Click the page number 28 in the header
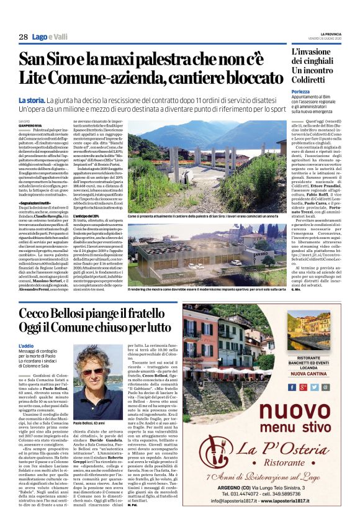(x=23, y=37)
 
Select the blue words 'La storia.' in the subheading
(x=32, y=99)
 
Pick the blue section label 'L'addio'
(x=26, y=345)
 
